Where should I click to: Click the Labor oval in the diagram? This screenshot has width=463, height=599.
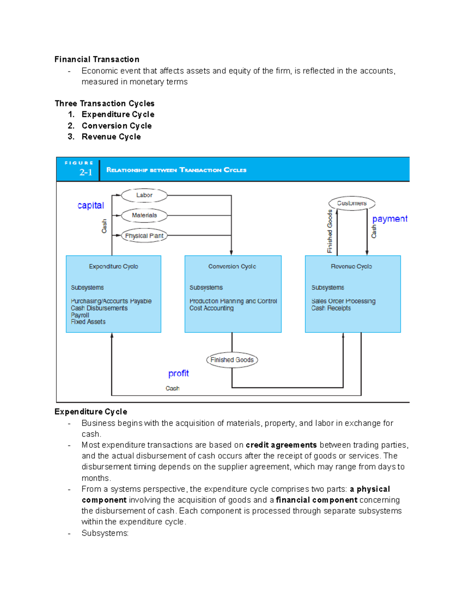(144, 195)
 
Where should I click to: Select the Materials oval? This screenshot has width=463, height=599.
(144, 215)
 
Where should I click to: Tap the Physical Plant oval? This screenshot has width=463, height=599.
(144, 236)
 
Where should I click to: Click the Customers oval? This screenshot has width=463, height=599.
(351, 203)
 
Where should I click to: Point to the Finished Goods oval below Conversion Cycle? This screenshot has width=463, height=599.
(232, 360)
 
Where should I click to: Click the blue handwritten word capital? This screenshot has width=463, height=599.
(91, 206)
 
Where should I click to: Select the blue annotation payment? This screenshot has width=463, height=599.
(389, 219)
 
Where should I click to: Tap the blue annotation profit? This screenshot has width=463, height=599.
(178, 373)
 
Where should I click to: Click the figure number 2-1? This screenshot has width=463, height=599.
(86, 172)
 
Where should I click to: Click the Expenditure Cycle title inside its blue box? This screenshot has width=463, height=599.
(113, 267)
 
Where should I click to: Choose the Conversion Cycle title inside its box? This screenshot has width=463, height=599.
(232, 267)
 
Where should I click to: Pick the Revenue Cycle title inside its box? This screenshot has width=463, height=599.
(351, 267)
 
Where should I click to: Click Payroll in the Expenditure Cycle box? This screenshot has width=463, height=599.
(80, 315)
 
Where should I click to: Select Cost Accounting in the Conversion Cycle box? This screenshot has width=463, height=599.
(211, 308)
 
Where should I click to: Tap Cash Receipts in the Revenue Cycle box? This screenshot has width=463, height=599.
(331, 308)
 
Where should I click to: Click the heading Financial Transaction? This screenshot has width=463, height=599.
(97, 59)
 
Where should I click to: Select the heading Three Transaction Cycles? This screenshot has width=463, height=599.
(105, 103)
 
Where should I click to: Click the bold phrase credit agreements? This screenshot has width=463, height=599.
(281, 445)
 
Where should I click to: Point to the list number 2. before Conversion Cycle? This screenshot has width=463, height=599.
(71, 126)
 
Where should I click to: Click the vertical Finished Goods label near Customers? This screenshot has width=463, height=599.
(330, 231)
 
